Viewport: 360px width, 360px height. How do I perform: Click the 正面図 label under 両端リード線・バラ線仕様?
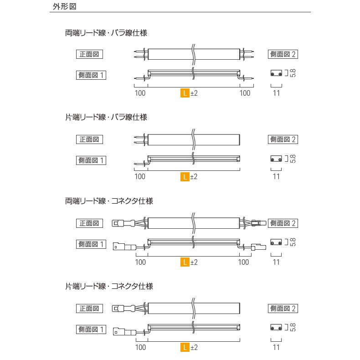point(89,54)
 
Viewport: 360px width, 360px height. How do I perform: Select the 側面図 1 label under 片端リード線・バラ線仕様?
point(91,160)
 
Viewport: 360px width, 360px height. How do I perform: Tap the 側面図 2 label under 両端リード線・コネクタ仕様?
point(283,223)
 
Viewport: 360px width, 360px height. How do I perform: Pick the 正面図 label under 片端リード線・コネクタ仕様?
point(89,309)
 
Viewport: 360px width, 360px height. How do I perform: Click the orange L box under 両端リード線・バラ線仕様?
point(185,93)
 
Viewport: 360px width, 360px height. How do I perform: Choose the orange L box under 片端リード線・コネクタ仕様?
point(185,347)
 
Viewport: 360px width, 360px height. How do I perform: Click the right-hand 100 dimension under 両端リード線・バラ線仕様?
point(245,93)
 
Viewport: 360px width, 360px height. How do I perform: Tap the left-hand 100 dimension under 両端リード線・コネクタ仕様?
point(140,262)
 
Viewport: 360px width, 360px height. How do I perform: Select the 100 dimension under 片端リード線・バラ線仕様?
point(140,177)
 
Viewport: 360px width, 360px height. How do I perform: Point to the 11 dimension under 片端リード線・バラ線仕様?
point(276,177)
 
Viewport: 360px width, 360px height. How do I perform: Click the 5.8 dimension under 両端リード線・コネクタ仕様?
point(293,242)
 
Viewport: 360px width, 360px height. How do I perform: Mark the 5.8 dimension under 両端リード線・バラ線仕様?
point(293,73)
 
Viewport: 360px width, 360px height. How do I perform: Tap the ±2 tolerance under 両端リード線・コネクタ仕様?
point(194,262)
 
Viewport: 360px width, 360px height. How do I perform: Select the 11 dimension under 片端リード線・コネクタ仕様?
point(276,347)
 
